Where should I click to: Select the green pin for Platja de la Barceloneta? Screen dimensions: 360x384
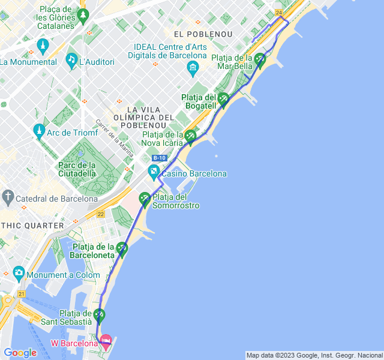pos(122,248)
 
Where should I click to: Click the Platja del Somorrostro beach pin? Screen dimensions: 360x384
pos(145,198)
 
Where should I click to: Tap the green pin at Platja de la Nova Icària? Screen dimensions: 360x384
pos(190,136)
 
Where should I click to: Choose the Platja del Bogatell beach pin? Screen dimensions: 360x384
pos(223,99)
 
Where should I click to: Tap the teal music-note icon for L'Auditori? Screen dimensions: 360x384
pos(71,60)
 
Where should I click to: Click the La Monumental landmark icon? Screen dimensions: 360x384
pos(43,46)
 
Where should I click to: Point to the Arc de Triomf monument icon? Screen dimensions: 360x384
pos(39,130)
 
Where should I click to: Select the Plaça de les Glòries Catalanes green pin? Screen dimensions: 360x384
pos(83,14)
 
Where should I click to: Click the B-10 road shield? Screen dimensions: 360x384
pos(159,158)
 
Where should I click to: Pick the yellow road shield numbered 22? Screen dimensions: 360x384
pos(100,214)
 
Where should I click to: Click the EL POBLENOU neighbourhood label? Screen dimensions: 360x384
pos(203,34)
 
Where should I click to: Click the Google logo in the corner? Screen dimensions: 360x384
pos(20,353)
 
